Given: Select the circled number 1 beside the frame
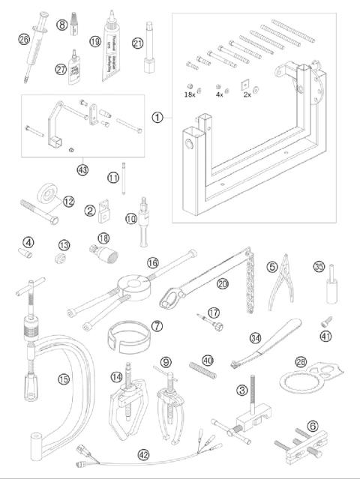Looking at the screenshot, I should click(x=157, y=117).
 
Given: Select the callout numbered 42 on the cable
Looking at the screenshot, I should click(x=142, y=454).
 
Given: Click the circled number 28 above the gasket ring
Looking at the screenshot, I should click(x=301, y=362).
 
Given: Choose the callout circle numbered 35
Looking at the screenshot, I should click(x=319, y=265).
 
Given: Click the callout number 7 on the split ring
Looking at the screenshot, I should click(x=157, y=328).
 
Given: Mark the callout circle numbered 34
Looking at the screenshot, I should click(x=256, y=339).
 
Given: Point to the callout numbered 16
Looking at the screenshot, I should click(x=152, y=263).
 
